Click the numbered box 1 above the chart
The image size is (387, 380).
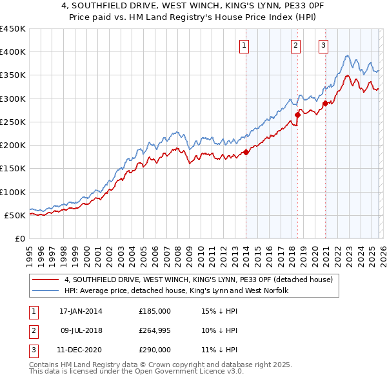(x=245, y=45)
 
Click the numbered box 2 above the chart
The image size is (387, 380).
(x=295, y=45)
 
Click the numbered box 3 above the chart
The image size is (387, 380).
(x=323, y=45)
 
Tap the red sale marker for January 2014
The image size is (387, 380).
(x=246, y=153)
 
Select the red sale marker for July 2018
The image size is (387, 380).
(x=297, y=115)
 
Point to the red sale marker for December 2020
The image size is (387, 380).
(x=325, y=103)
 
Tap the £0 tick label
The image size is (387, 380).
(x=21, y=238)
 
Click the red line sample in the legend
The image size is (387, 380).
(x=46, y=280)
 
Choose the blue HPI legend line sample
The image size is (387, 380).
(x=46, y=291)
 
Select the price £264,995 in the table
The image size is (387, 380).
(x=155, y=330)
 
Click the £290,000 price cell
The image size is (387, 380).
(x=155, y=350)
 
